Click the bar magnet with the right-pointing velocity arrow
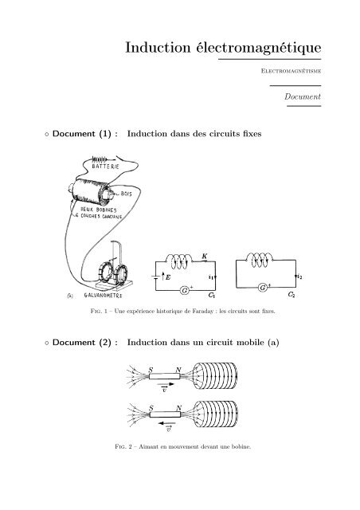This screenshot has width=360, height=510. pyautogui.click(x=163, y=380)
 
